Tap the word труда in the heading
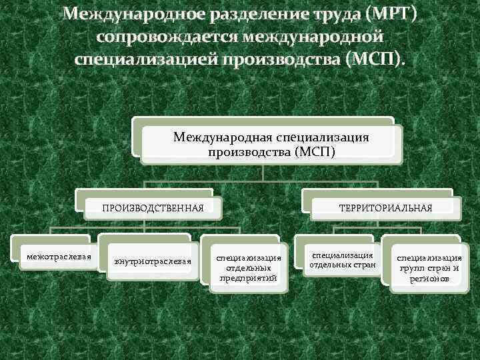tap(336, 15)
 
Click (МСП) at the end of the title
tap(375, 61)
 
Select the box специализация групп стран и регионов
tap(429, 268)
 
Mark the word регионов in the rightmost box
tap(429, 279)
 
